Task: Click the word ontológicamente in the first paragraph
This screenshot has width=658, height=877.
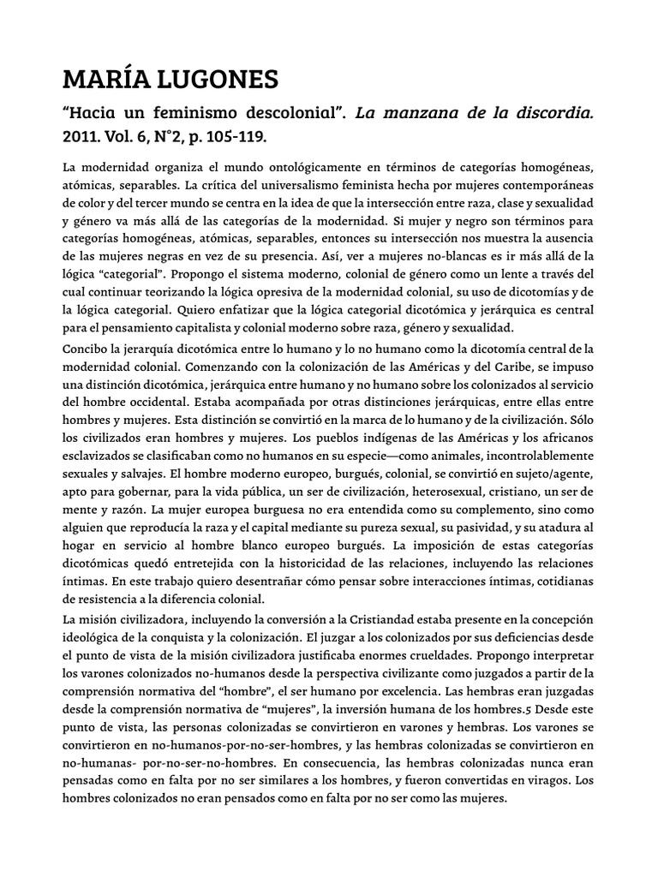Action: (x=302, y=164)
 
